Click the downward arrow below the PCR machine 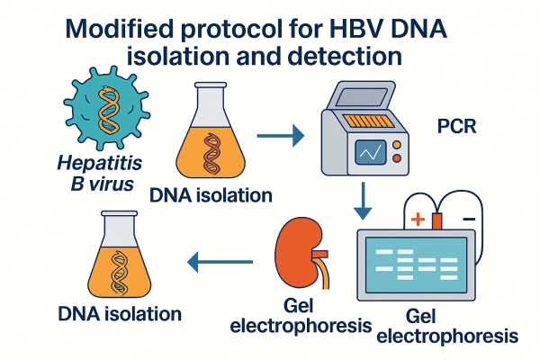click(x=363, y=202)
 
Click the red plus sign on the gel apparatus click(x=418, y=219)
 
